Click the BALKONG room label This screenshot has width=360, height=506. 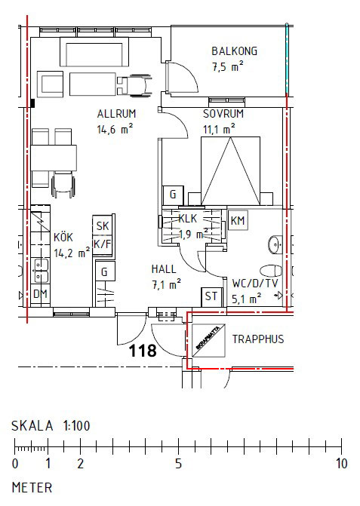pos(234,51)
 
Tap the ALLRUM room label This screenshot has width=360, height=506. pos(115,114)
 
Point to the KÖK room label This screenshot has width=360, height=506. pos(63,238)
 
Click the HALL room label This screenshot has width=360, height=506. pos(163,268)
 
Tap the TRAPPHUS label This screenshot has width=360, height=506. pos(258,339)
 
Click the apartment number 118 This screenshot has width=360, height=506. pos(142,351)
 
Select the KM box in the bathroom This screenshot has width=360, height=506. pos(238,221)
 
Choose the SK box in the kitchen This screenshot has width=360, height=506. pos(102,226)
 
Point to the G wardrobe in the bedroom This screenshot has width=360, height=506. pos(173,195)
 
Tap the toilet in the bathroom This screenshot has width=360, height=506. pos(268,271)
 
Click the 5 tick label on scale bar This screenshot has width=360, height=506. pos(178,463)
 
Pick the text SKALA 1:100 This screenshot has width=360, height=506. pos(51,426)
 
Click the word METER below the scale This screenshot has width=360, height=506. pos(32,487)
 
